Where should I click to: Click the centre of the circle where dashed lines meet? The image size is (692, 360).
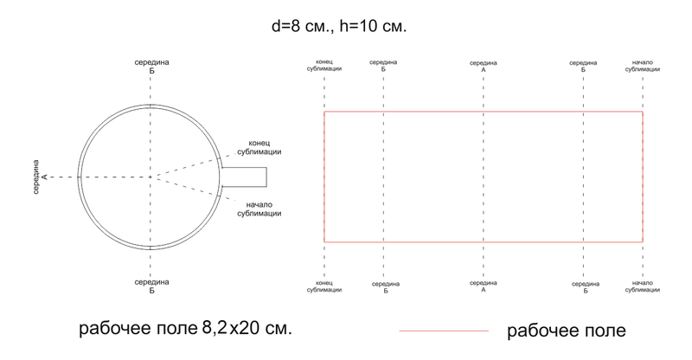click(151, 177)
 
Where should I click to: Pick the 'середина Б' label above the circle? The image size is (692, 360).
click(151, 67)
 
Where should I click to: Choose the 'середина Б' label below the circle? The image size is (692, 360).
click(151, 286)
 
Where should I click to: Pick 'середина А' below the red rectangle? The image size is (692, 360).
click(484, 286)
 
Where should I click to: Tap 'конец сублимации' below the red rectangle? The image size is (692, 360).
click(324, 286)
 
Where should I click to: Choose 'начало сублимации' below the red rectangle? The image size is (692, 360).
click(643, 286)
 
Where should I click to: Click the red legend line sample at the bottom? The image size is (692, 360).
click(444, 331)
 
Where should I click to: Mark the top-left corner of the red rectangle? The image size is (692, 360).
click(324, 112)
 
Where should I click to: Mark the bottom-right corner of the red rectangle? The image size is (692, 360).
click(643, 241)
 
